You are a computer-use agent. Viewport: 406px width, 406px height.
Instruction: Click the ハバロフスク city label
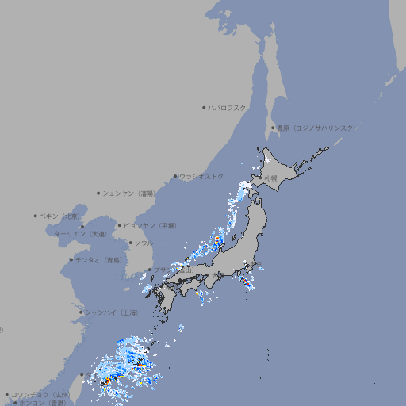coord(227,107)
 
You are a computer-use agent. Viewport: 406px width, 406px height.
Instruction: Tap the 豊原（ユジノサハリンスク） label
coord(316,128)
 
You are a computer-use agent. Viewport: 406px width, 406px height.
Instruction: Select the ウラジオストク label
coord(201,176)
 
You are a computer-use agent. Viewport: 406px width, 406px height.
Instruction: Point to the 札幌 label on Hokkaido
coord(271,178)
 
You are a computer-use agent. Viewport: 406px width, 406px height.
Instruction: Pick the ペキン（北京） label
coord(59,216)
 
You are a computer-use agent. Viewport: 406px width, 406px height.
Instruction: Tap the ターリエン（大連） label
coord(80,234)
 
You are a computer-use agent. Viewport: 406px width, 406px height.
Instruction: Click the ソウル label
coord(144,243)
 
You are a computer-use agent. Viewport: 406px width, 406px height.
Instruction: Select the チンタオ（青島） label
coord(98,259)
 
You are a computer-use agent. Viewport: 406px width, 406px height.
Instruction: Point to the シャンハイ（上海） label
coord(111,312)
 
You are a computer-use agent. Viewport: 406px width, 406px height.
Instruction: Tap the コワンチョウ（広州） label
coord(40,394)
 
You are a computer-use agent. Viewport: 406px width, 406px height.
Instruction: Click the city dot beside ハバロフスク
coord(204,107)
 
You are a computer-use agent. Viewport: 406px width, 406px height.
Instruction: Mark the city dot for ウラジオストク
coord(175,176)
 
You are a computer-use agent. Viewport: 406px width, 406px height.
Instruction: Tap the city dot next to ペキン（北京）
coord(36,216)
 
